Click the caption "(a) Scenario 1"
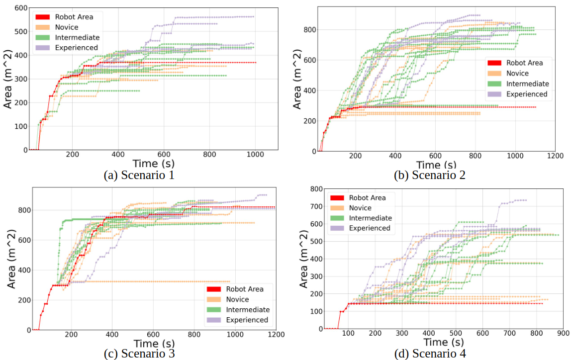(x=139, y=175)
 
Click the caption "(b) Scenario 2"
(x=429, y=175)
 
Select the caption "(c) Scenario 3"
(x=139, y=354)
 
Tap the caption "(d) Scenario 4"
(x=429, y=354)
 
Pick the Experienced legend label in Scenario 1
(x=77, y=48)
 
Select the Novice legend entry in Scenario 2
(x=517, y=74)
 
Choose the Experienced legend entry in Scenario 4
(x=370, y=228)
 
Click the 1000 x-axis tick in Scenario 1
(x=255, y=155)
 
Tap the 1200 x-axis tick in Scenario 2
(x=555, y=156)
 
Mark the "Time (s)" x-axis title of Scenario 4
(x=444, y=343)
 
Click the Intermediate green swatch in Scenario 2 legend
(x=494, y=84)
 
